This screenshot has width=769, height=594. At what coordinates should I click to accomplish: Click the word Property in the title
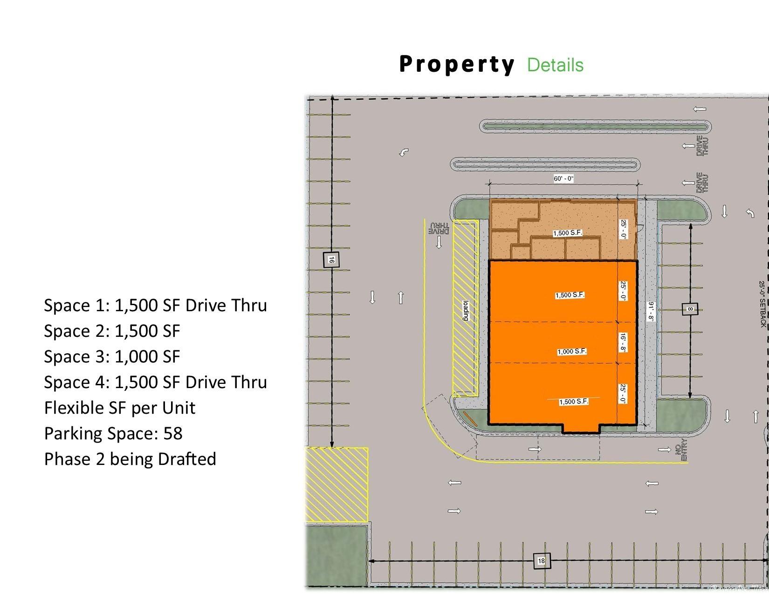click(x=457, y=65)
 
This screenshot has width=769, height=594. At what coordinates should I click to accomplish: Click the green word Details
click(x=555, y=65)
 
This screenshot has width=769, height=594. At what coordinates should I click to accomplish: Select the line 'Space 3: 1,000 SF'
click(x=112, y=356)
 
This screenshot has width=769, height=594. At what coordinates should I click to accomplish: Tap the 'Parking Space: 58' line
click(x=113, y=433)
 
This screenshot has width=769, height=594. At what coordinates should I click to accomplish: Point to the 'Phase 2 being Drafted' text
click(x=130, y=459)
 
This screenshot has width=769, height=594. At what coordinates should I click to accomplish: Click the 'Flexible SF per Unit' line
click(x=119, y=408)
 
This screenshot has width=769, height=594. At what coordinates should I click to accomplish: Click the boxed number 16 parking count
click(x=331, y=259)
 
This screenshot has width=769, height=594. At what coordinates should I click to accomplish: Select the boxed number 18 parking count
click(x=542, y=560)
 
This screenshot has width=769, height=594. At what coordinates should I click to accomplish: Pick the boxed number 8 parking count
click(x=690, y=308)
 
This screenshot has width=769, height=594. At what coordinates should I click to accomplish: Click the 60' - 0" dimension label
click(x=563, y=179)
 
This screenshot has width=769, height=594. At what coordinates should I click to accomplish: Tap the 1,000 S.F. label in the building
click(x=572, y=351)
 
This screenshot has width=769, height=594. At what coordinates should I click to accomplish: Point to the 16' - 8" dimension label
click(x=623, y=342)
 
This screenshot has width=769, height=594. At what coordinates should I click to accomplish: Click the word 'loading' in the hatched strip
click(x=465, y=310)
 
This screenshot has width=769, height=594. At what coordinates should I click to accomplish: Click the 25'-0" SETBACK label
click(x=762, y=304)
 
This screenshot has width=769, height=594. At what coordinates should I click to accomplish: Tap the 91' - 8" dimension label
click(x=651, y=312)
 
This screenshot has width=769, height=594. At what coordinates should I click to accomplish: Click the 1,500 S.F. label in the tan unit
click(x=568, y=233)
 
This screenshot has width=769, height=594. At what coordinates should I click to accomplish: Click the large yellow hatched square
click(x=336, y=485)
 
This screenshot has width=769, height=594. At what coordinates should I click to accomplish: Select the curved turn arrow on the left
click(x=404, y=152)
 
